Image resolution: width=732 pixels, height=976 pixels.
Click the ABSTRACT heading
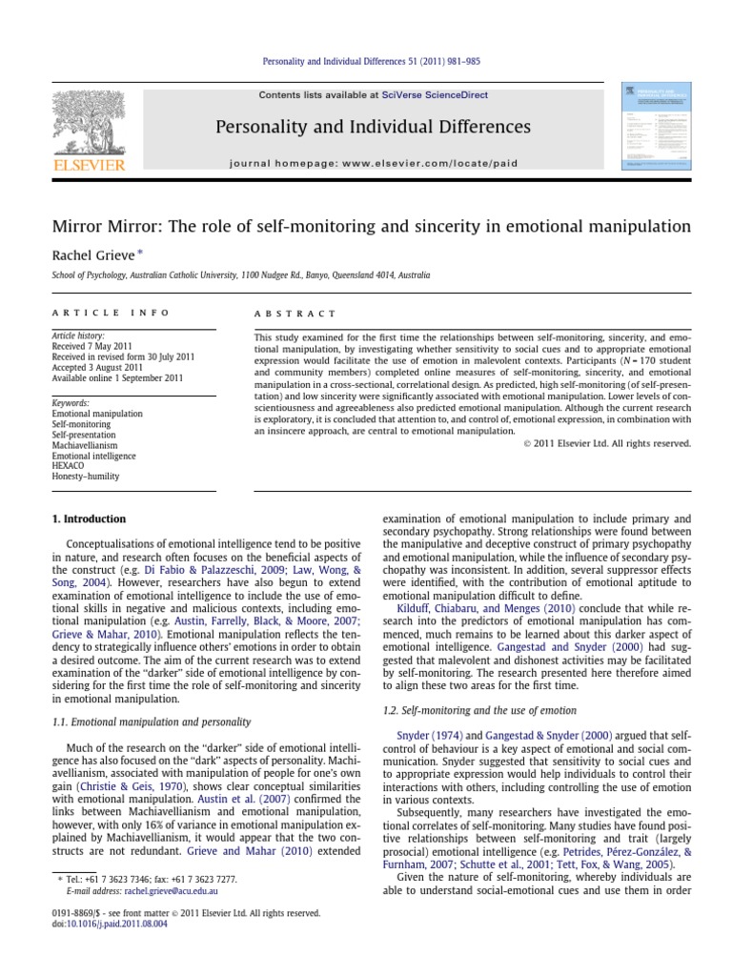point(295,312)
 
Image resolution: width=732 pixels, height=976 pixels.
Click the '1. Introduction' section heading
point(89,519)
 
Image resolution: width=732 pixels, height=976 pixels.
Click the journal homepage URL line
point(373,162)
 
